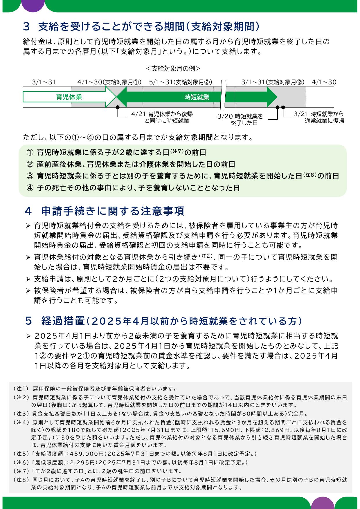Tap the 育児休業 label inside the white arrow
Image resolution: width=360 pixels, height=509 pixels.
pyautogui.click(x=69, y=97)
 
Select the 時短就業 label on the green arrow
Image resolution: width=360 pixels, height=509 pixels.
pyautogui.click(x=197, y=97)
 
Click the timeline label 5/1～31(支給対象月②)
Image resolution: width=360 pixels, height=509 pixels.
pyautogui.click(x=181, y=82)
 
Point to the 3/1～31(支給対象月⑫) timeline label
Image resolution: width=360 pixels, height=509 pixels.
pyautogui.click(x=273, y=82)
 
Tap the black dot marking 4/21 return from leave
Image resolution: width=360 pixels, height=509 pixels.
pyautogui.click(x=118, y=107)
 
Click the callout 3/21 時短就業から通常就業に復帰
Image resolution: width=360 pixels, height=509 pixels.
pyautogui.click(x=319, y=117)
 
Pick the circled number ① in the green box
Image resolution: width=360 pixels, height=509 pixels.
pyautogui.click(x=30, y=153)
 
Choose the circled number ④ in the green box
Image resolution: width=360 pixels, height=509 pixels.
pyautogui.click(x=30, y=188)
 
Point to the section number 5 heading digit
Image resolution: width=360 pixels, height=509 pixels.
pyautogui.click(x=28, y=321)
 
